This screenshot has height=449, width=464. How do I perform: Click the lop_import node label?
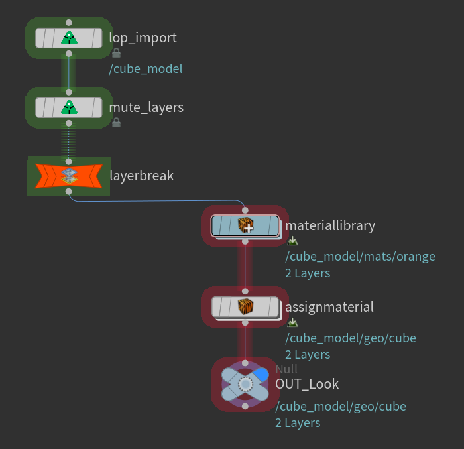tap(143, 38)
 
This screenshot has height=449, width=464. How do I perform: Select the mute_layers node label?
tap(146, 107)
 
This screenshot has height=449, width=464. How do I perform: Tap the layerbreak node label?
tap(141, 176)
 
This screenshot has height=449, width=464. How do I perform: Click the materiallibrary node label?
tap(330, 225)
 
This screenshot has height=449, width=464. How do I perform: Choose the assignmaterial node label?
tap(329, 307)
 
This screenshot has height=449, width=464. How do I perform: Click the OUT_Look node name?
tap(307, 384)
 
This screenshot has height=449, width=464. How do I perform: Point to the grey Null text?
tap(286, 369)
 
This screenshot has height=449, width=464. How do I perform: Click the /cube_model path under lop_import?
tap(146, 69)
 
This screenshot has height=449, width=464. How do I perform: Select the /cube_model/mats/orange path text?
tap(360, 257)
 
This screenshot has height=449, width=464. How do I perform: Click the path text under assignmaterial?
tap(351, 338)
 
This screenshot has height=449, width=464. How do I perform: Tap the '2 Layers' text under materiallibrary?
tap(308, 273)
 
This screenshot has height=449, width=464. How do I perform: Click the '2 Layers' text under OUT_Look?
tap(298, 423)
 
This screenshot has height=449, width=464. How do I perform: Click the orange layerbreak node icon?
tap(69, 176)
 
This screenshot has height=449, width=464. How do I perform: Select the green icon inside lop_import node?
tap(69, 38)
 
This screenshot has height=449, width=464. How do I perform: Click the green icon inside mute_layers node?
tap(69, 107)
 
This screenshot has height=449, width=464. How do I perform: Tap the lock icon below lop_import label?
tap(116, 53)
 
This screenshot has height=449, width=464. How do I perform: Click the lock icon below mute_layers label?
tap(116, 123)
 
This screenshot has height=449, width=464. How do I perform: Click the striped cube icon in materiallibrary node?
tap(245, 225)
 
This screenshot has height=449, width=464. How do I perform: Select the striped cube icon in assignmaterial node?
tap(245, 307)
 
